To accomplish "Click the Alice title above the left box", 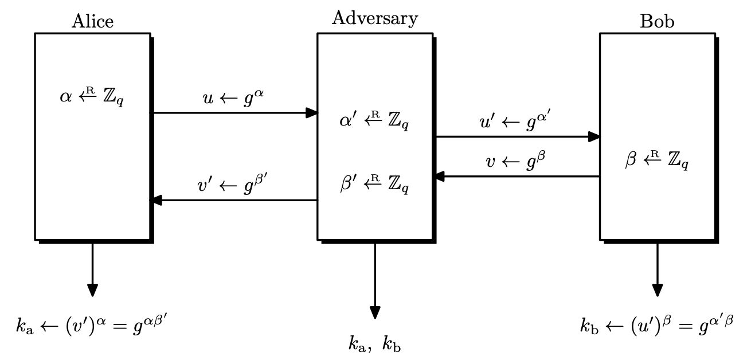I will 92,21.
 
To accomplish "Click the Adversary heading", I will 375,19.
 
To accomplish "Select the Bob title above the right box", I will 657,22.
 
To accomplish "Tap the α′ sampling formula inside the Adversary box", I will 375,122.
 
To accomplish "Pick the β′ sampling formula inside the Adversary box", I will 375,185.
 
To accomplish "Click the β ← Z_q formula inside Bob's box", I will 657,162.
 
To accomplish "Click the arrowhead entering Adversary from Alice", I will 311,112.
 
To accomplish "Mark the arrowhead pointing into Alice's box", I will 156,200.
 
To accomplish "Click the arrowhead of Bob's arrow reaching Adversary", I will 439,177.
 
